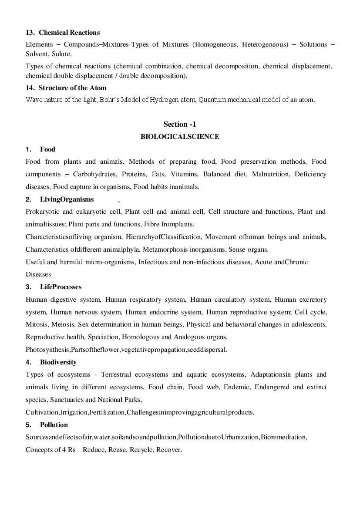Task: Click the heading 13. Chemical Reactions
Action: (x=63, y=33)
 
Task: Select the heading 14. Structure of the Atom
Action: (x=66, y=88)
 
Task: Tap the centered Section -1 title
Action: (x=180, y=124)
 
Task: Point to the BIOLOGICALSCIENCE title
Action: (x=180, y=137)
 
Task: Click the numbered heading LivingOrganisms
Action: (x=67, y=199)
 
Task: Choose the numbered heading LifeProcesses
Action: (x=61, y=287)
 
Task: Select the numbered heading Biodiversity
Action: (x=58, y=362)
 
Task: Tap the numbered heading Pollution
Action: (x=54, y=425)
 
